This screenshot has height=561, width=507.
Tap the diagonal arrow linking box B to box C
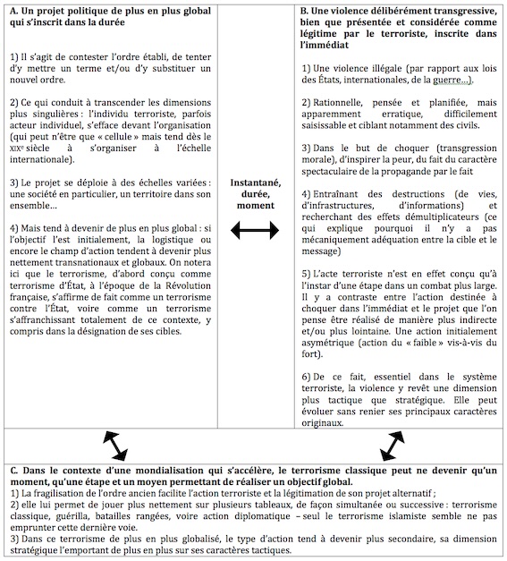pyautogui.click(x=393, y=443)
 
